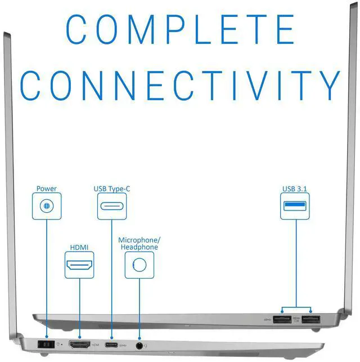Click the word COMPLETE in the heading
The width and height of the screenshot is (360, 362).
[x=181, y=29]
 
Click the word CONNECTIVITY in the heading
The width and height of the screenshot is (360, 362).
[x=180, y=86]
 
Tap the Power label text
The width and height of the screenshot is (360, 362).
[x=46, y=189]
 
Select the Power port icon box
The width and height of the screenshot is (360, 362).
[x=47, y=206]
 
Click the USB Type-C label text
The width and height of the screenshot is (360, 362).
[x=112, y=189]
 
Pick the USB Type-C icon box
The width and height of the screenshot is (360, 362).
[x=112, y=206]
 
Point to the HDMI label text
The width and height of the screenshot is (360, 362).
[x=79, y=248]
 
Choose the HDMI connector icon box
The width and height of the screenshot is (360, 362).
[x=79, y=265]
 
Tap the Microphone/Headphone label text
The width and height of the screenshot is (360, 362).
[x=139, y=244]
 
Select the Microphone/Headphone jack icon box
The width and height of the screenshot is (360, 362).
[x=139, y=265]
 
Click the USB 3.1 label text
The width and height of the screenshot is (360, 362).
[x=295, y=189]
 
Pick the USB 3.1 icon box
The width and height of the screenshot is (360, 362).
[x=295, y=206]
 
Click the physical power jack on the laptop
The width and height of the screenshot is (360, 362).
[x=46, y=345]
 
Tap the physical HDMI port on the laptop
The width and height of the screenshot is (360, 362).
[x=79, y=345]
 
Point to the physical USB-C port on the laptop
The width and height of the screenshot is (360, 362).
[x=111, y=345]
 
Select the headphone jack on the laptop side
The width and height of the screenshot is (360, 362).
[x=139, y=346]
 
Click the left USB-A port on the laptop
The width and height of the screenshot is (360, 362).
[x=282, y=320]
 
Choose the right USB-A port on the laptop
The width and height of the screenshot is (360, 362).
[x=311, y=320]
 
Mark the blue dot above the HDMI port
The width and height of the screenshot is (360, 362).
[x=80, y=337]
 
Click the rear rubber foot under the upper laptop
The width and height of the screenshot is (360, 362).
[x=316, y=330]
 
